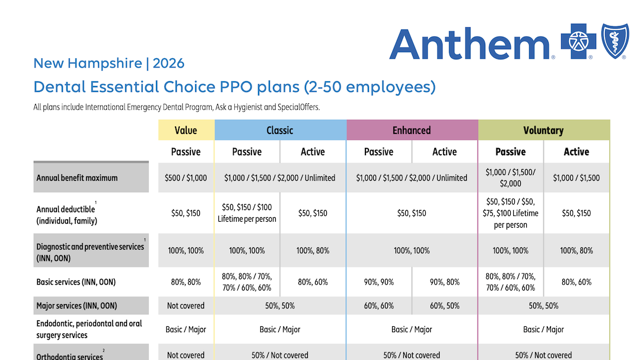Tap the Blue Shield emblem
[x=615, y=42]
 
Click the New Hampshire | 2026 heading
[x=109, y=63]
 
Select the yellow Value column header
[x=186, y=130]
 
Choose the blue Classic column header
[x=280, y=130]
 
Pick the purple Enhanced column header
[x=412, y=130]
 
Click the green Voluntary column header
[x=543, y=130]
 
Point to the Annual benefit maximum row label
[x=77, y=178]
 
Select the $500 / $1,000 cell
[x=186, y=178]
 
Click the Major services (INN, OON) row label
[x=77, y=306]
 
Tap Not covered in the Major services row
[x=186, y=306]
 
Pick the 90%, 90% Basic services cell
[x=378, y=282]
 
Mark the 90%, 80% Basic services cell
[x=444, y=282]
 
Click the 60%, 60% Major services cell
[x=378, y=306]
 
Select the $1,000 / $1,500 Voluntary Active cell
[x=576, y=178]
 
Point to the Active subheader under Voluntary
[x=576, y=152]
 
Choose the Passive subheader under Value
[x=186, y=152]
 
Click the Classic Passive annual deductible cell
[x=247, y=213]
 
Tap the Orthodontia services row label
[x=69, y=356]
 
